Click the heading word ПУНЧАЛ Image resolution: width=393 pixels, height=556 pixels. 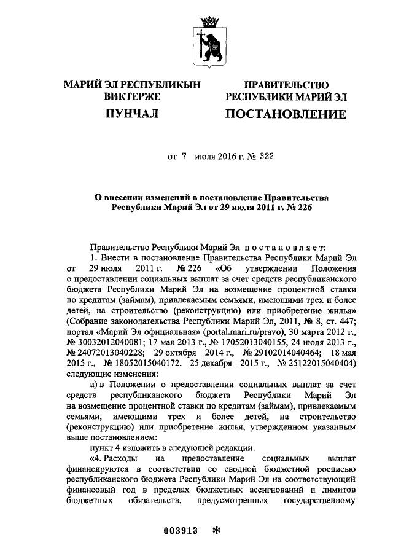point(130,114)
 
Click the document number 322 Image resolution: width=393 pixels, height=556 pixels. point(265,157)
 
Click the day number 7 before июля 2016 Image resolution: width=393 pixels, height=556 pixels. point(183,157)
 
